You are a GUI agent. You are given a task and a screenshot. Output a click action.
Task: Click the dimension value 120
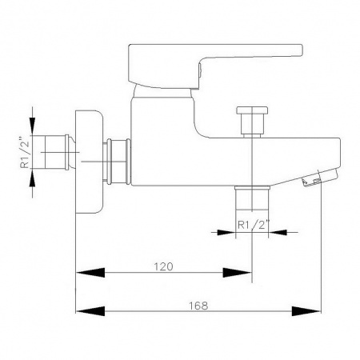163,266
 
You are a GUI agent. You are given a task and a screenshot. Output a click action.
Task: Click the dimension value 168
198,306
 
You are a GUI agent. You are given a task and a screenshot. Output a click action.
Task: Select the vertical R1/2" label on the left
25,153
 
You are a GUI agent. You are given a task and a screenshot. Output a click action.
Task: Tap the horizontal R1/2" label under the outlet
252,226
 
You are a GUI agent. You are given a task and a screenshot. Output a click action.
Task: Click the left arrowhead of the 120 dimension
90,273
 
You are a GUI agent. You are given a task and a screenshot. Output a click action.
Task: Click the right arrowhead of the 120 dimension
237,273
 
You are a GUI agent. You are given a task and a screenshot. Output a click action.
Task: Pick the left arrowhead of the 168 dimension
90,311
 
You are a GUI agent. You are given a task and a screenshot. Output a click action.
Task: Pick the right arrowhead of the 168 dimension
306,311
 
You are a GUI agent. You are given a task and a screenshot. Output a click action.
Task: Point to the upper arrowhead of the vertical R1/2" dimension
32,126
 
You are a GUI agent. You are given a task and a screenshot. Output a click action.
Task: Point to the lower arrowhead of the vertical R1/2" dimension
32,178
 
